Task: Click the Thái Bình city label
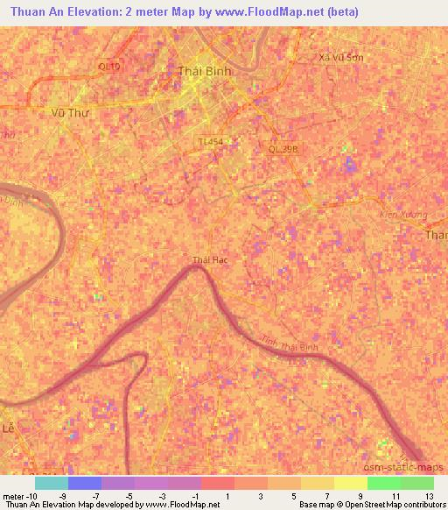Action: coord(202,71)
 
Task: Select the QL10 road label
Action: coord(108,66)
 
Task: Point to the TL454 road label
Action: coord(210,140)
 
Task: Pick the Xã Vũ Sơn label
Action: coord(340,57)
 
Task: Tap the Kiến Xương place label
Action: coord(402,215)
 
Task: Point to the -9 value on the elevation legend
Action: coord(85,495)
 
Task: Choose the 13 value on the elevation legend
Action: coord(429,495)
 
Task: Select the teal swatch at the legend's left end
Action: coord(52,483)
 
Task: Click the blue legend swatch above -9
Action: coord(85,483)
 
